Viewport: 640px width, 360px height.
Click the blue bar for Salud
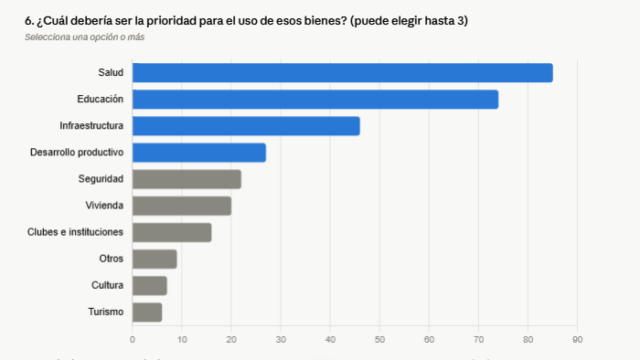pos(343,73)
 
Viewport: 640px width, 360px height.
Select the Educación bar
pos(315,100)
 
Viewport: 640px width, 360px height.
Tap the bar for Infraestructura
pos(246,126)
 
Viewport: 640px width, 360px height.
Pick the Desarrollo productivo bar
pos(199,153)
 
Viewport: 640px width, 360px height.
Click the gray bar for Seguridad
pos(187,179)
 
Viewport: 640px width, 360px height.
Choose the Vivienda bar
pos(182,206)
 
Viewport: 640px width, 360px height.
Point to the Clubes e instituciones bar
pos(172,232)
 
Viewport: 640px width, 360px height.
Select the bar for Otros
pos(155,259)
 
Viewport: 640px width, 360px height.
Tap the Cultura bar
pos(149,286)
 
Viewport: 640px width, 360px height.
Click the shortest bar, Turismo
pos(147,312)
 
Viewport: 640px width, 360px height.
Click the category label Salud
pos(111,72)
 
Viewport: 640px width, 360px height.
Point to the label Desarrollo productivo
pos(77,153)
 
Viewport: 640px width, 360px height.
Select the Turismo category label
pos(106,312)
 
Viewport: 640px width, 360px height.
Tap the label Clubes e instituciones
pos(75,232)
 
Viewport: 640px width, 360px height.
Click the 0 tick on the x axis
pos(133,340)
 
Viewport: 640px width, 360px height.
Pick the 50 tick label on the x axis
pos(379,340)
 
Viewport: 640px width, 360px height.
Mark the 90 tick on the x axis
pos(577,340)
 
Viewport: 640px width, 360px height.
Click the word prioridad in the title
pos(172,21)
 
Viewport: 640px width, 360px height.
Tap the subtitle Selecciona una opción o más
pos(84,37)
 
